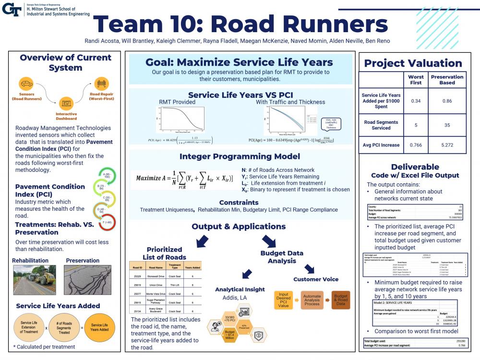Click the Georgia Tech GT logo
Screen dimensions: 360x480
12,9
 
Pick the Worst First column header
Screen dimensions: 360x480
416,80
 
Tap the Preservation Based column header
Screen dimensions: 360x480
447,80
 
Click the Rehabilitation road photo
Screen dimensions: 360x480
34,280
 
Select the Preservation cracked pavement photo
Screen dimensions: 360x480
87,280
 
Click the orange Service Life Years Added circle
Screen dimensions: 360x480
100,328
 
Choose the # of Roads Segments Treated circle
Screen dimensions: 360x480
64,328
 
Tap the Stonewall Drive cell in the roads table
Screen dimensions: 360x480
160,276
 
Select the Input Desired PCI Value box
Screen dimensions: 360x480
284,300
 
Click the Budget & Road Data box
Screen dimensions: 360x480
340,300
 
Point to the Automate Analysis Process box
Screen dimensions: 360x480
312,300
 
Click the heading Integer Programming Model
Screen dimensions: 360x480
240,156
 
